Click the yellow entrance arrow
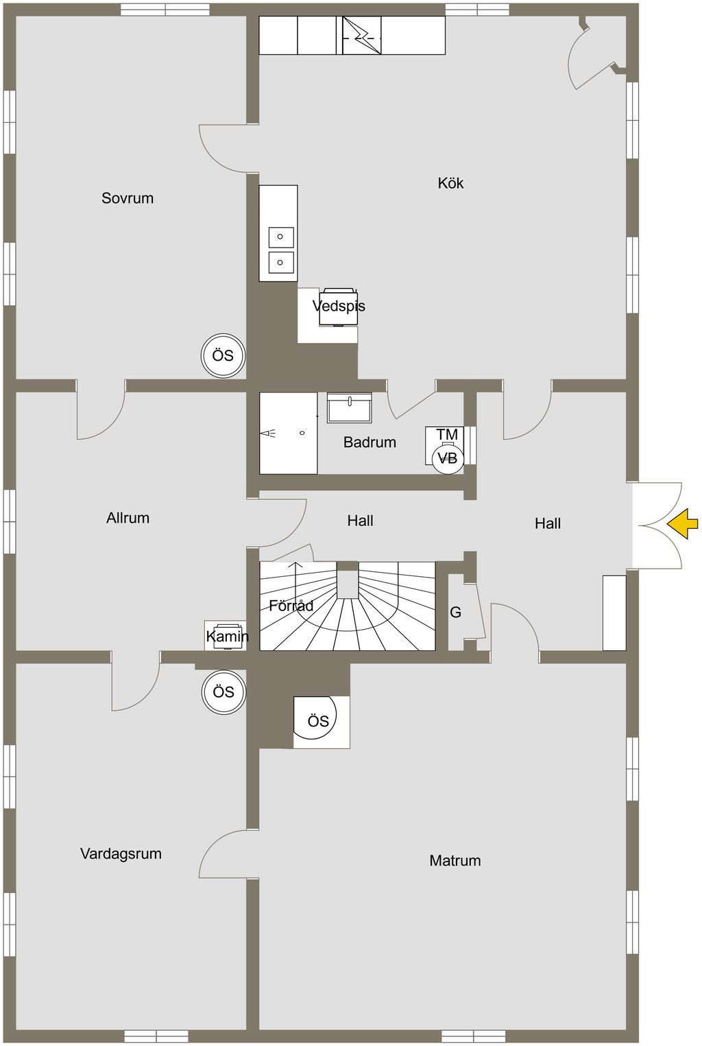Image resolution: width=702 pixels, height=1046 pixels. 683,524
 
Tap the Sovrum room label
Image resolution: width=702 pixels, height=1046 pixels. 128,198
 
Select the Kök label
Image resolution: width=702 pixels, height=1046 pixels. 450,183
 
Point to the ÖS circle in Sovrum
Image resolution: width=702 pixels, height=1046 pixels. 223,356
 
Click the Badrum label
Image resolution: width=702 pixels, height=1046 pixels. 370,442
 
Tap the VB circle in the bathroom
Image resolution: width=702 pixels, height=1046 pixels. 448,458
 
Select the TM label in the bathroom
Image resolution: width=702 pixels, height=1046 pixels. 447,434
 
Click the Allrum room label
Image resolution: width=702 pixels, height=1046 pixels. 128,518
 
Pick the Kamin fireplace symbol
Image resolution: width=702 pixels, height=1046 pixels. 227,634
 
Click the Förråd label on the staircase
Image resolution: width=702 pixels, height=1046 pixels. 291,606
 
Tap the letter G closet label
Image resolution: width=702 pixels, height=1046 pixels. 455,613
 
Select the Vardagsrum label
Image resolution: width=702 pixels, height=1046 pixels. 121,854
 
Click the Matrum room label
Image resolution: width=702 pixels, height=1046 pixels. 455,861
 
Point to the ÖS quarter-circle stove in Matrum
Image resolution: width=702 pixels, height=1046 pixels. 317,720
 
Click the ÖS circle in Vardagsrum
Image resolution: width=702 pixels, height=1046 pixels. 223,692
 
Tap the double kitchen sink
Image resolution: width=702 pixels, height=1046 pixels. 281,250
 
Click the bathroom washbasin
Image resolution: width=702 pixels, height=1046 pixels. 350,408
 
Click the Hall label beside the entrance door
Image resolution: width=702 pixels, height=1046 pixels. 547,523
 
